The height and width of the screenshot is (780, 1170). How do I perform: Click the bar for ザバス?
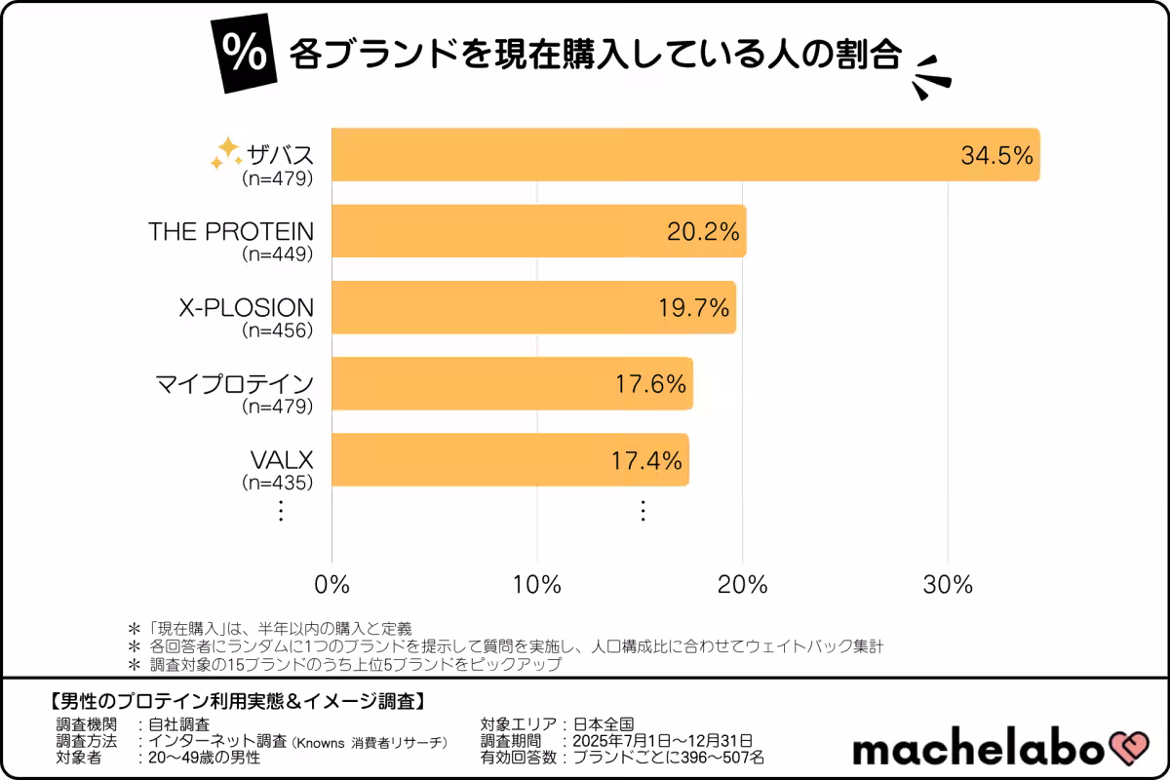tap(682, 154)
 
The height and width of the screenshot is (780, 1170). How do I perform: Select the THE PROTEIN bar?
tap(536, 231)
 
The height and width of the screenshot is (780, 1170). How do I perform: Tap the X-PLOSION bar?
tap(531, 307)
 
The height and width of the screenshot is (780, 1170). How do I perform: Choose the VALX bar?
tap(507, 459)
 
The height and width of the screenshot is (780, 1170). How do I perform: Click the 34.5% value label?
tap(995, 155)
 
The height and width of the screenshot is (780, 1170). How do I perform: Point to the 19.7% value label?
tap(693, 308)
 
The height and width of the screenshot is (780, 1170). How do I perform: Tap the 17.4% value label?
tap(646, 460)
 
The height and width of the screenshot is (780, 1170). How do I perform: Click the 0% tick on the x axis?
tap(332, 585)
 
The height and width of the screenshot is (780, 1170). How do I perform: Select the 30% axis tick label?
tap(949, 585)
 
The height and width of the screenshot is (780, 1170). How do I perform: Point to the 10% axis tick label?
tap(537, 585)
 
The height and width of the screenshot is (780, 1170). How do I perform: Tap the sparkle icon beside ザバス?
tap(225, 152)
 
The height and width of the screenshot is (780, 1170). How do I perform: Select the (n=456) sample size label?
tap(277, 331)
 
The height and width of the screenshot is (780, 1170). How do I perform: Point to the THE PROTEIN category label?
tap(231, 231)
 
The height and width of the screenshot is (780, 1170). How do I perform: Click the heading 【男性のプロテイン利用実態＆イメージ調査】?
tap(235, 701)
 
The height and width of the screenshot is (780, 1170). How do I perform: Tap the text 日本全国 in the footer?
tap(602, 724)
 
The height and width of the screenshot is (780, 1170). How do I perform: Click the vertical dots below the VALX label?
tap(280, 510)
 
